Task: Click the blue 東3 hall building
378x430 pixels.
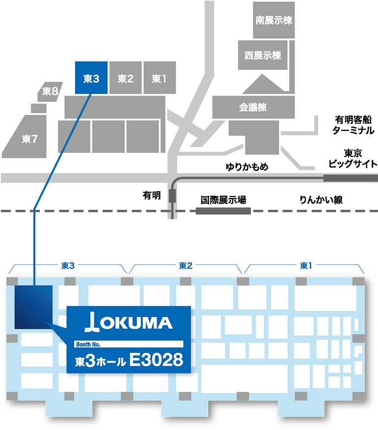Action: coord(91,78)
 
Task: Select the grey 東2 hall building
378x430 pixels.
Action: coord(126,78)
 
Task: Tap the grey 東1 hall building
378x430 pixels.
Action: coord(160,78)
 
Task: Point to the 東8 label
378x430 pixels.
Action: coord(50,91)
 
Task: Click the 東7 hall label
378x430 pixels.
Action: coord(29,139)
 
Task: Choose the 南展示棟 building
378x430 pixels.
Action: coord(273,20)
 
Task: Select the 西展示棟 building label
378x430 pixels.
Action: coord(263,56)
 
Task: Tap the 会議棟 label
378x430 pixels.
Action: coord(252,107)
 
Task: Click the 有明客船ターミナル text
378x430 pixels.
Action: coord(353,125)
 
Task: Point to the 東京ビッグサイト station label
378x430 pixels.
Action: coord(353,158)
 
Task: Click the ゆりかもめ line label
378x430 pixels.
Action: coord(247,167)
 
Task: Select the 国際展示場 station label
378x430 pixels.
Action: coord(223,200)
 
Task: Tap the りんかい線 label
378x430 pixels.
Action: coord(321,200)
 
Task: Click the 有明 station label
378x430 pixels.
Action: coord(152,196)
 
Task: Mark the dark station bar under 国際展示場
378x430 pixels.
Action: coord(223,211)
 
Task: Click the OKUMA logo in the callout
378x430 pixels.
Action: coord(129,322)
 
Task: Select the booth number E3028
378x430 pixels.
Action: coord(156,360)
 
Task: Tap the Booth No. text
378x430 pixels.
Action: coord(88,344)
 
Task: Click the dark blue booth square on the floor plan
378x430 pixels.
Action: coord(33,307)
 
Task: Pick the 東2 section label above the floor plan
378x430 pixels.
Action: coord(186,265)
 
